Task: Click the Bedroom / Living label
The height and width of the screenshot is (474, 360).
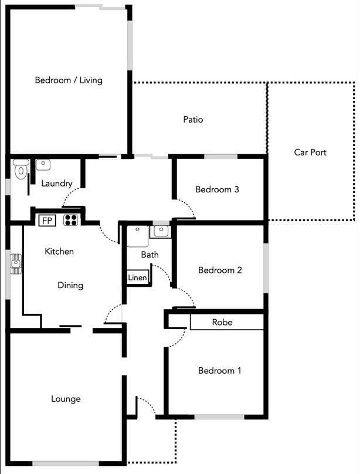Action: (69, 80)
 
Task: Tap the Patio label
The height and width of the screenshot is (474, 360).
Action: (193, 120)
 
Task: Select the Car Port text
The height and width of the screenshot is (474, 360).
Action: (310, 152)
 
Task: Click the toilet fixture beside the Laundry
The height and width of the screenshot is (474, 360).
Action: (21, 169)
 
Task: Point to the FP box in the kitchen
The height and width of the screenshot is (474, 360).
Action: (47, 221)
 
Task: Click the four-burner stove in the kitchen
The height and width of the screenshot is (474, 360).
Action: (71, 220)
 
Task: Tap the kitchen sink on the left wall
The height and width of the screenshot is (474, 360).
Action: (16, 264)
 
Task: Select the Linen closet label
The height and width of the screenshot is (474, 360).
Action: (137, 277)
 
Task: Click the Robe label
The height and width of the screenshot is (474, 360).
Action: (222, 322)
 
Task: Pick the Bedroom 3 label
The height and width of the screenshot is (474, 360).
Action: (217, 189)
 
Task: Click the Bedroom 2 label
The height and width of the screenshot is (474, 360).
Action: (220, 270)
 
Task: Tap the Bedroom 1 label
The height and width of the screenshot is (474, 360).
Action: (219, 370)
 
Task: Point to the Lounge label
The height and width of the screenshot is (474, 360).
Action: (66, 399)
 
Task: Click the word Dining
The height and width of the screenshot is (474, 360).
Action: (70, 285)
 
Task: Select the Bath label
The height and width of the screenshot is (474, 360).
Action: (150, 255)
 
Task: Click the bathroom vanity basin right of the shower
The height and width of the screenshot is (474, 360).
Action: (161, 232)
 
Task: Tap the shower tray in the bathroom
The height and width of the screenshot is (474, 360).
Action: (138, 236)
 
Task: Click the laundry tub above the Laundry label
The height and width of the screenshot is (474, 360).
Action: (43, 165)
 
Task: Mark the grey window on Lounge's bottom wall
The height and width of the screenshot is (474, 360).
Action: (66, 463)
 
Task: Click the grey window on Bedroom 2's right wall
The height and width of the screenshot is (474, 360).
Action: (266, 268)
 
